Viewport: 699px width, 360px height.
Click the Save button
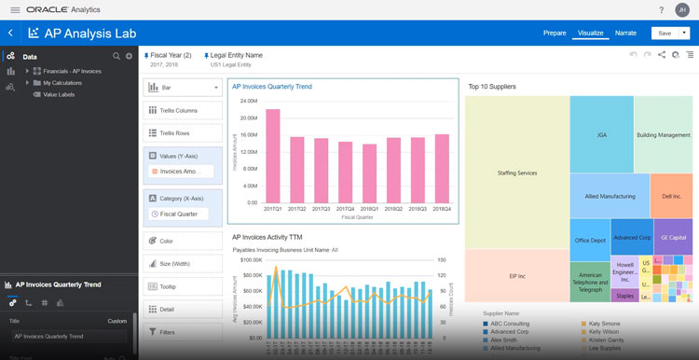(x=664, y=33)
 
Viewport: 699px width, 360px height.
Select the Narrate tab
(x=625, y=33)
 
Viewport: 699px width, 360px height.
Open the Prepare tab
(x=555, y=33)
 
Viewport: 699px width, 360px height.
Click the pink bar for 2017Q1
(x=272, y=156)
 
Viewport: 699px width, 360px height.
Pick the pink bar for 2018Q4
(x=442, y=168)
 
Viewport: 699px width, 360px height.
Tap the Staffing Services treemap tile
(x=517, y=173)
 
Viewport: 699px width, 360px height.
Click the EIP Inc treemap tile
(x=517, y=276)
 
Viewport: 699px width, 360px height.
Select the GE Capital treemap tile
(x=673, y=237)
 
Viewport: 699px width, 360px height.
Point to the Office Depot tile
(x=590, y=240)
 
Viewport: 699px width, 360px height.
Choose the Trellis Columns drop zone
(x=184, y=110)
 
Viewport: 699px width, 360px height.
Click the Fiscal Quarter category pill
(x=184, y=215)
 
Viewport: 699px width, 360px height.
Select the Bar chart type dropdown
(x=184, y=87)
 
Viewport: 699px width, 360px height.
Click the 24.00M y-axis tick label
(x=248, y=101)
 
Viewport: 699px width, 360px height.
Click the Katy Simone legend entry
(x=605, y=323)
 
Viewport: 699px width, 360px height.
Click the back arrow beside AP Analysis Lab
(x=10, y=33)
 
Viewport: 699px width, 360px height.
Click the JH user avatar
(x=683, y=9)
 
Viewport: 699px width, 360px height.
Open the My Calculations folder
(x=63, y=83)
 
